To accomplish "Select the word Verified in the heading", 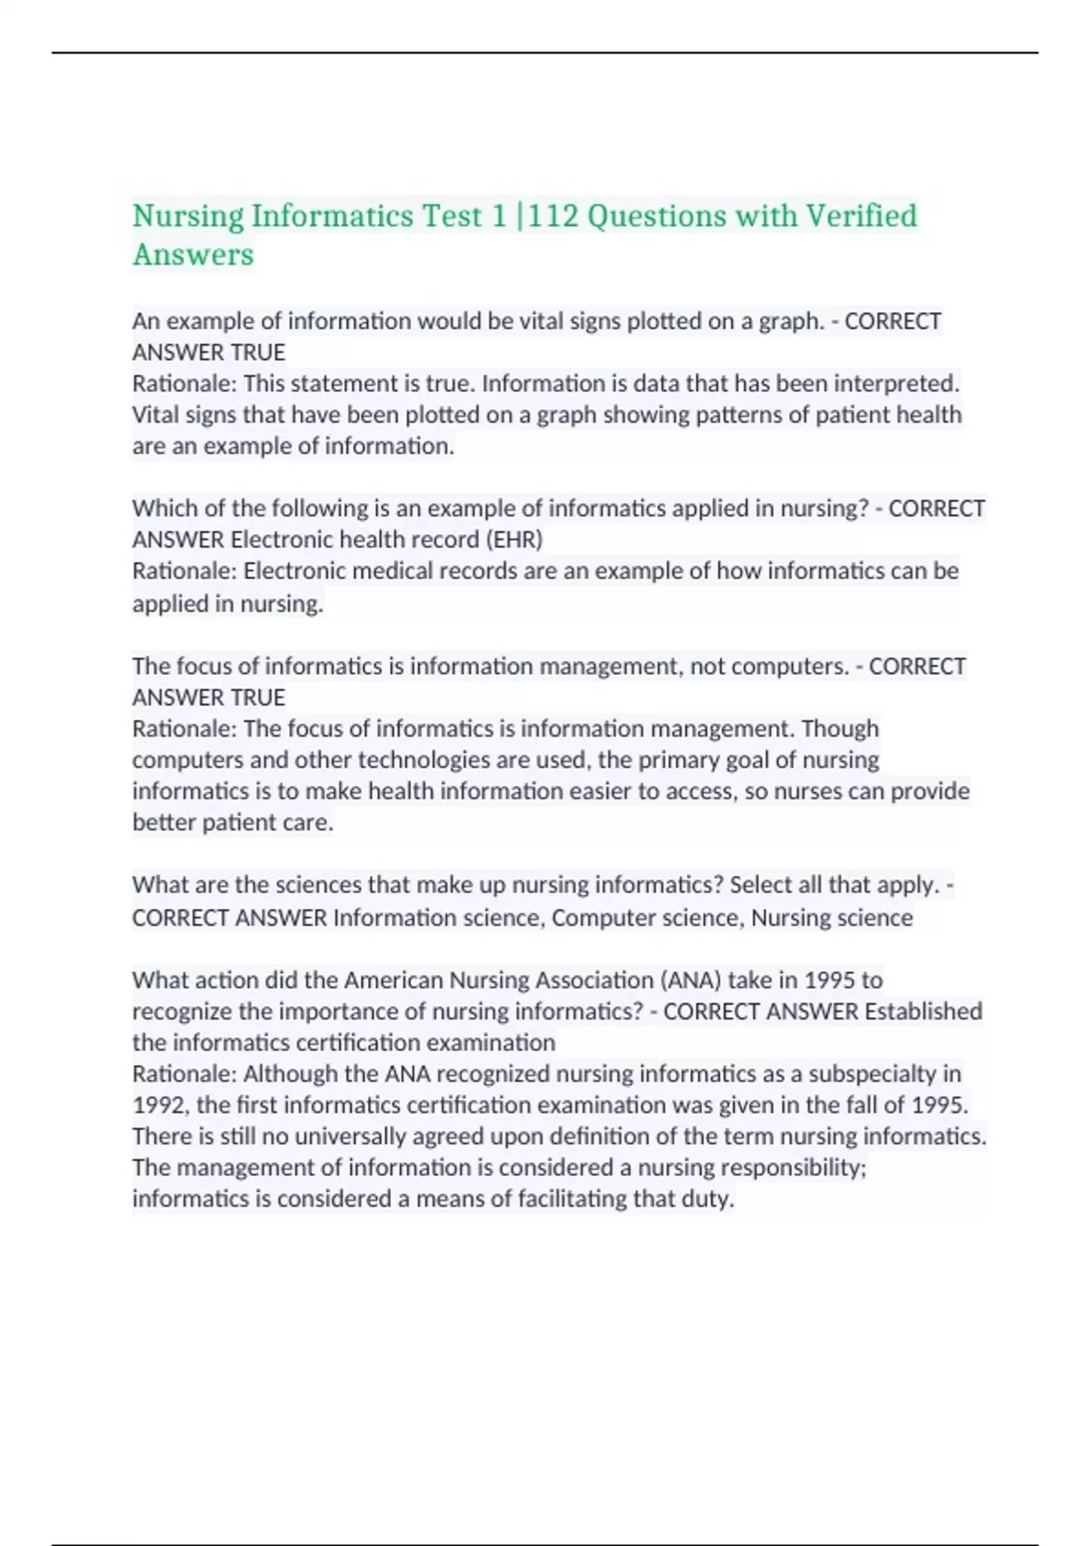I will [861, 216].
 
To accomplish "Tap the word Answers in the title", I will [193, 255].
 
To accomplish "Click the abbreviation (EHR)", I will [515, 539].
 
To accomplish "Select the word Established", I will [923, 1011].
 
